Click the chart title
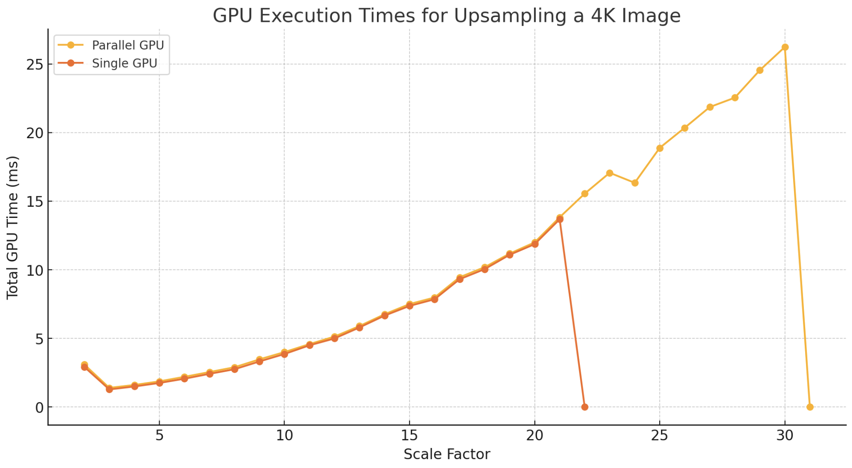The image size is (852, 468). pyautogui.click(x=446, y=16)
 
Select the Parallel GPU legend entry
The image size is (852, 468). pyautogui.click(x=128, y=45)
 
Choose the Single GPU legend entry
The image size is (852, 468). pyautogui.click(x=124, y=63)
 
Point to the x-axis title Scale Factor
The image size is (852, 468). pyautogui.click(x=447, y=454)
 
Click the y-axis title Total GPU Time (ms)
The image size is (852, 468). pyautogui.click(x=12, y=228)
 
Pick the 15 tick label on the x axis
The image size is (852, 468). pyautogui.click(x=409, y=435)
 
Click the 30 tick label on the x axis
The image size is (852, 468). pyautogui.click(x=785, y=435)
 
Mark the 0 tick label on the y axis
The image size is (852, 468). pyautogui.click(x=39, y=407)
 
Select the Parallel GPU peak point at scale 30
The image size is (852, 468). pyautogui.click(x=785, y=47)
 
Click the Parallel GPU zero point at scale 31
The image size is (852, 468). pyautogui.click(x=810, y=407)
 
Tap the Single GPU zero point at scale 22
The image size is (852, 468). pyautogui.click(x=585, y=407)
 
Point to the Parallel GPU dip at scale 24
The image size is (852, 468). pyautogui.click(x=635, y=183)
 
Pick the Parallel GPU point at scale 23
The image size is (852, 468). pyautogui.click(x=610, y=173)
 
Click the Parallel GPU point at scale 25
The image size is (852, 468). pyautogui.click(x=660, y=148)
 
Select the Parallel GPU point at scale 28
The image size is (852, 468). pyautogui.click(x=735, y=98)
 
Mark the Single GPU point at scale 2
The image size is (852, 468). pyautogui.click(x=84, y=367)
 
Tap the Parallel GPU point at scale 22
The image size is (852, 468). pyautogui.click(x=585, y=193)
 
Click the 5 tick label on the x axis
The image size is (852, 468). pyautogui.click(x=159, y=435)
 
